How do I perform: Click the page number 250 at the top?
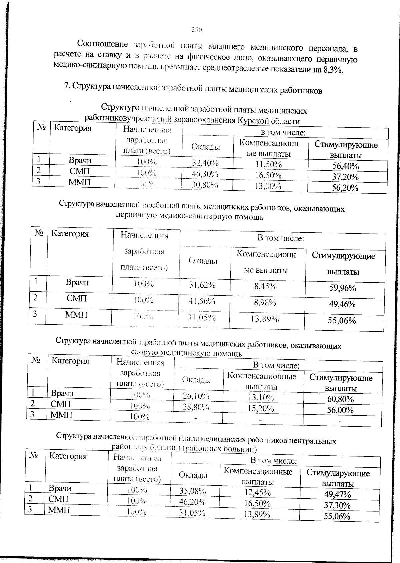coord(197,30)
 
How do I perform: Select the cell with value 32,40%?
coord(205,163)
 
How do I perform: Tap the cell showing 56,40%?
coord(345,166)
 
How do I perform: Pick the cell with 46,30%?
coord(205,174)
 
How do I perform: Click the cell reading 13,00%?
coord(268,186)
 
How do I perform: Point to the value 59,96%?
coord(343,288)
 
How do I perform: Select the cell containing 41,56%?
coord(202,301)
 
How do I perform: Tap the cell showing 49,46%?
coord(342,304)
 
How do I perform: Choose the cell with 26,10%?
coord(196,396)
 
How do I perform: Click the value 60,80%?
coord(340,399)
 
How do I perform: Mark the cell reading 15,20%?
coord(261,408)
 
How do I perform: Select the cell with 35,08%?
coord(193,491)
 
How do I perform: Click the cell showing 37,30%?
coord(337,505)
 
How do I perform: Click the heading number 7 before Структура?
coord(66,86)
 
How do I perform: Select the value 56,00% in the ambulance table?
coord(340,410)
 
